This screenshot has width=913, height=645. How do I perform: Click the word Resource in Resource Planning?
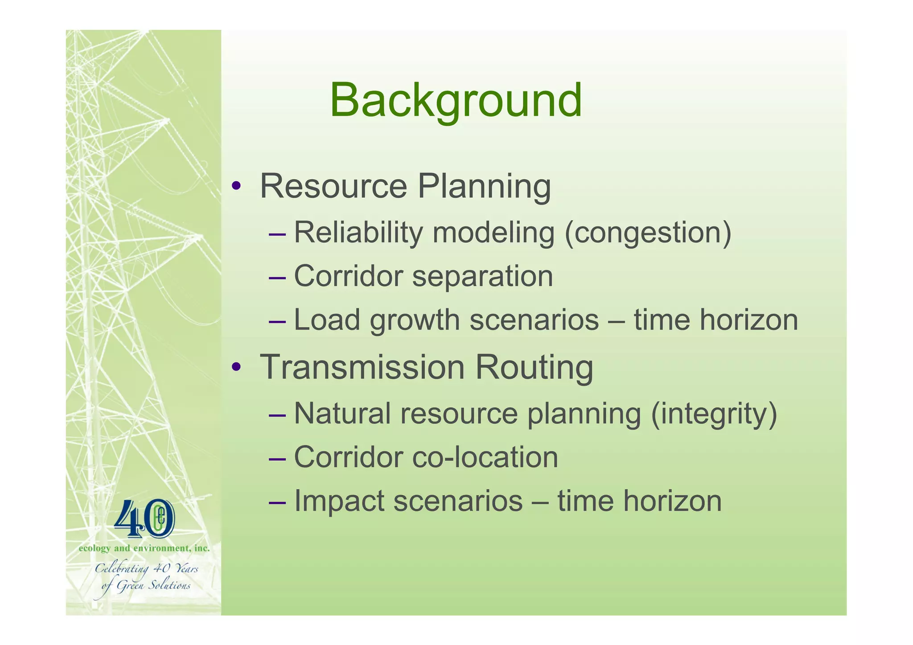[333, 186]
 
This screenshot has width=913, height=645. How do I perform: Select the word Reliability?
[358, 233]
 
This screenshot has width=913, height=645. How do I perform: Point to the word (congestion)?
[648, 234]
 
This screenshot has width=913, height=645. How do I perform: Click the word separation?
[482, 276]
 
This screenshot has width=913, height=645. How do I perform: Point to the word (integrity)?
[714, 414]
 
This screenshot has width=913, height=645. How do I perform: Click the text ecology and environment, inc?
[144, 548]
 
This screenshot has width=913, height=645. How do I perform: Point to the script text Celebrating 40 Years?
[146, 569]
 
